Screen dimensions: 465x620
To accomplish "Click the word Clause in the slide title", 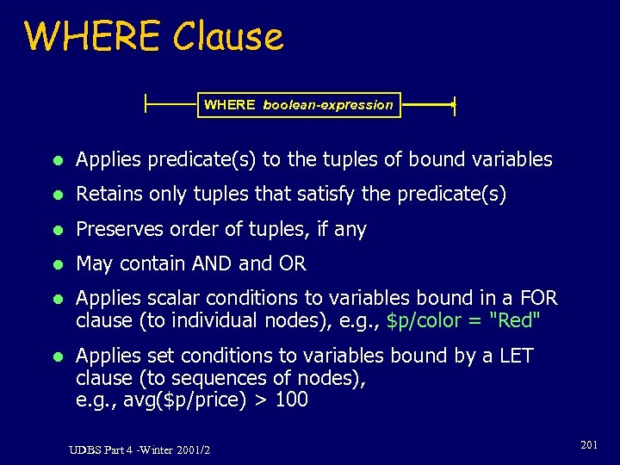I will tap(227, 37).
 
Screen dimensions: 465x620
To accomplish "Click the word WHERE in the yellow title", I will tap(93, 37).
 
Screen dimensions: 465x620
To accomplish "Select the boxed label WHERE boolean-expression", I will tap(298, 105).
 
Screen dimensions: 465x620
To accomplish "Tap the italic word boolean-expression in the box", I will tap(327, 105).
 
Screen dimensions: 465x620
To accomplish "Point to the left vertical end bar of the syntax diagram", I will tap(146, 105).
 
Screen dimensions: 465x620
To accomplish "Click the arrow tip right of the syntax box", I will tap(452, 105).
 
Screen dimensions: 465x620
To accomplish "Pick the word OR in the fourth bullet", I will tap(293, 263).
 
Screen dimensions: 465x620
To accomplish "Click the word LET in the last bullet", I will tap(516, 356).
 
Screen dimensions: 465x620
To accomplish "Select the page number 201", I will tap(589, 444).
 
